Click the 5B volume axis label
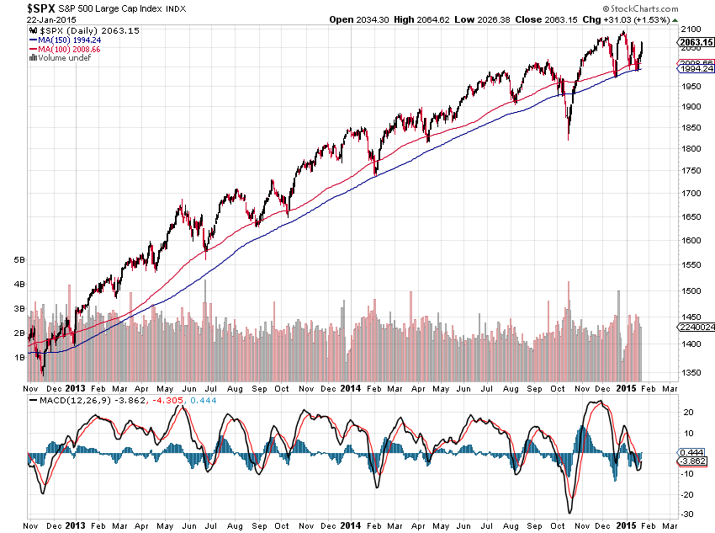[18, 260]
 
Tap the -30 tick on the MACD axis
[686, 514]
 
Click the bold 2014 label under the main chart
[352, 389]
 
